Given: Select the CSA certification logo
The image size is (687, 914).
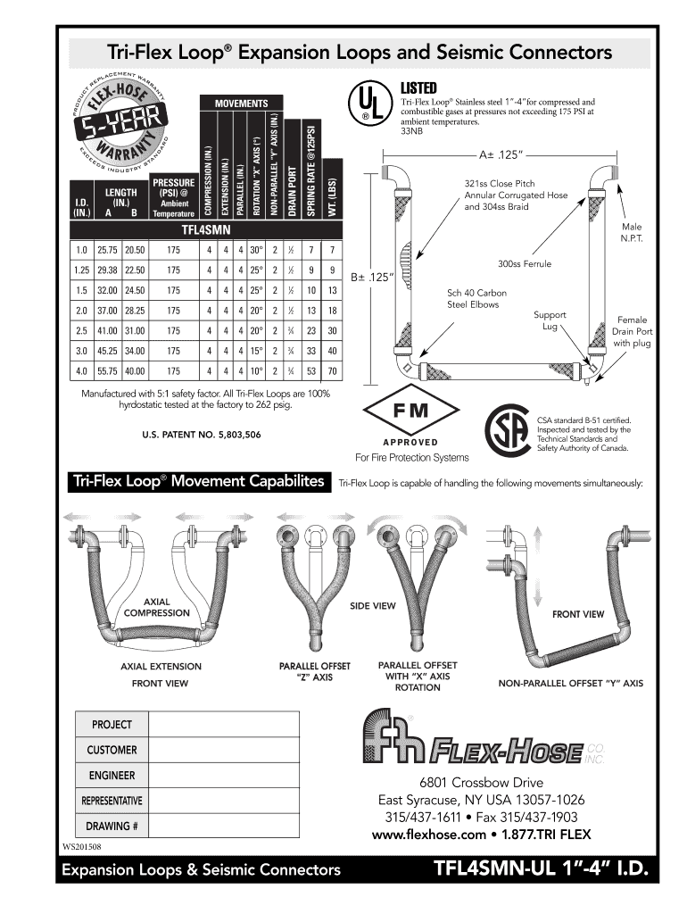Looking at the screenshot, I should pyautogui.click(x=507, y=432).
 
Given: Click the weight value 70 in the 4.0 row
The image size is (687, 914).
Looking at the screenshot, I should pyautogui.click(x=332, y=370).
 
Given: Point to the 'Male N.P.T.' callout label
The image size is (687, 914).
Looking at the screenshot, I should pyautogui.click(x=633, y=234).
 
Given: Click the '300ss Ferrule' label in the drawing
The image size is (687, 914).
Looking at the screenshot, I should pyautogui.click(x=524, y=264).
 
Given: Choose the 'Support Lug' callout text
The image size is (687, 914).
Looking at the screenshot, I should pyautogui.click(x=550, y=321).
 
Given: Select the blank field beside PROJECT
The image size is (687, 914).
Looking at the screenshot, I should pyautogui.click(x=223, y=724).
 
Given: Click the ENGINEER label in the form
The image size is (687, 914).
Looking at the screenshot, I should pyautogui.click(x=112, y=774).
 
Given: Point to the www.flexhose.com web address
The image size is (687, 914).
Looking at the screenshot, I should pyautogui.click(x=427, y=835).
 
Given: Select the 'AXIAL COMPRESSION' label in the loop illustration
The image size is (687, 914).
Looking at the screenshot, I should pyautogui.click(x=156, y=607).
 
